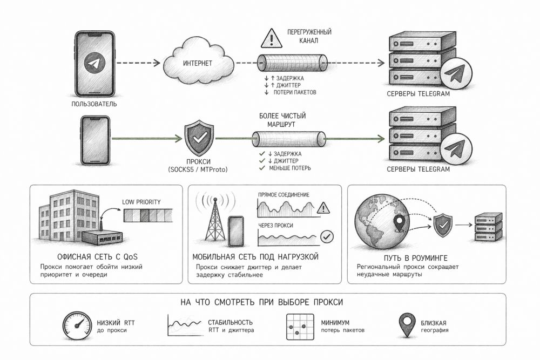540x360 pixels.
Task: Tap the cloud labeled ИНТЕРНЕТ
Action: [x=199, y=63]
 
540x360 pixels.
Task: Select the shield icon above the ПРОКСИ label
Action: [x=199, y=139]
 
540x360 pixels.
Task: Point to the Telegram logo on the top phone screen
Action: [x=94, y=64]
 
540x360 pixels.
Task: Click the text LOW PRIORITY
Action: [x=142, y=202]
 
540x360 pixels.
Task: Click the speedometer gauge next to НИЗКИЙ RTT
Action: [x=77, y=327]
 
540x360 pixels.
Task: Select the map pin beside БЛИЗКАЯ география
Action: [x=406, y=326]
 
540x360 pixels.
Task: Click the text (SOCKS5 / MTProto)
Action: [x=199, y=171]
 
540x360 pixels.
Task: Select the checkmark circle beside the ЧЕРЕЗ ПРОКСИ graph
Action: [x=327, y=236]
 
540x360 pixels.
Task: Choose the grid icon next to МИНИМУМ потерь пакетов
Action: [x=300, y=327]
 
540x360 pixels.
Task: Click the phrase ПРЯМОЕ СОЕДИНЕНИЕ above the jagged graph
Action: [x=284, y=194]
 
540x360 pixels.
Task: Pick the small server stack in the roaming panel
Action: [x=488, y=227]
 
